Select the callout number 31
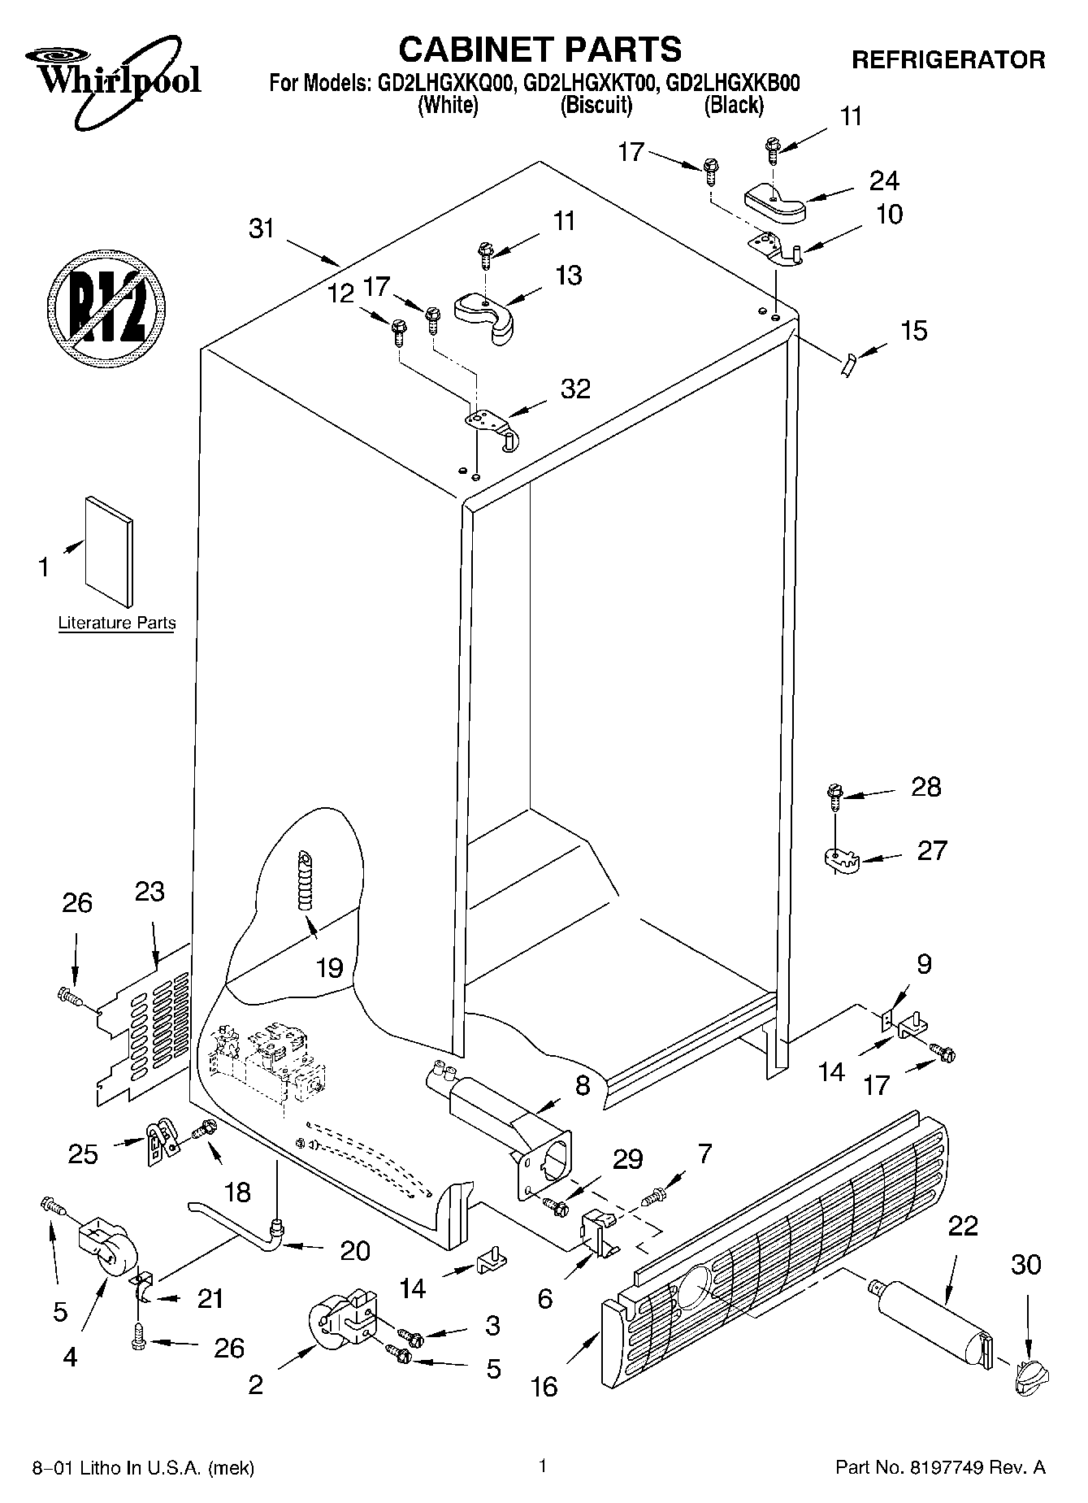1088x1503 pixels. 262,229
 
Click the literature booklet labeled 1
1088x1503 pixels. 109,550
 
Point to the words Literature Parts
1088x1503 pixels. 117,623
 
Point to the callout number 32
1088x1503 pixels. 575,389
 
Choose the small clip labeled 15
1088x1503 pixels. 847,367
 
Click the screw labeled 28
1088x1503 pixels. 834,795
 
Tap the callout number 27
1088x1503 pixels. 931,850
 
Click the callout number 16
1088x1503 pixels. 544,1386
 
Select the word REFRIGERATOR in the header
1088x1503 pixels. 947,59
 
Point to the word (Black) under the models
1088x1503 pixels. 734,104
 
